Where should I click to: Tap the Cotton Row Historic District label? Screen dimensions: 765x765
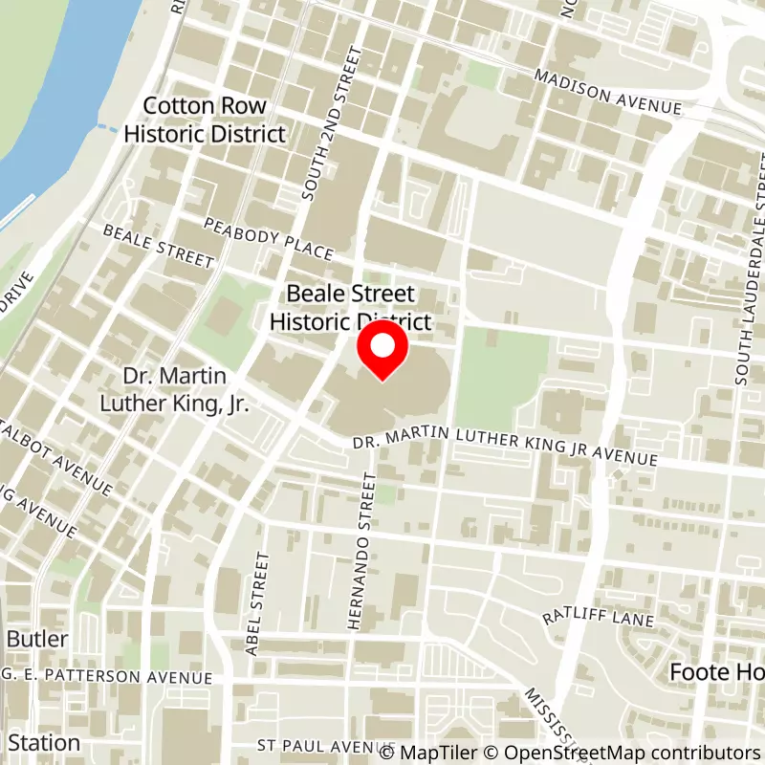pyautogui.click(x=205, y=120)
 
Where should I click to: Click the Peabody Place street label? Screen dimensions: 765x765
pyautogui.click(x=269, y=237)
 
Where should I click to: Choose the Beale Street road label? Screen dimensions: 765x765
pyautogui.click(x=158, y=246)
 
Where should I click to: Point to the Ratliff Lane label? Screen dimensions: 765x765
pyautogui.click(x=598, y=618)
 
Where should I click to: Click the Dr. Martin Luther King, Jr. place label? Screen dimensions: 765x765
pyautogui.click(x=174, y=389)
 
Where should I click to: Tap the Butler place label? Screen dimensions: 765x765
pyautogui.click(x=36, y=639)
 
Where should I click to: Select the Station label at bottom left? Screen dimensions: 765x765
pyautogui.click(x=43, y=742)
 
